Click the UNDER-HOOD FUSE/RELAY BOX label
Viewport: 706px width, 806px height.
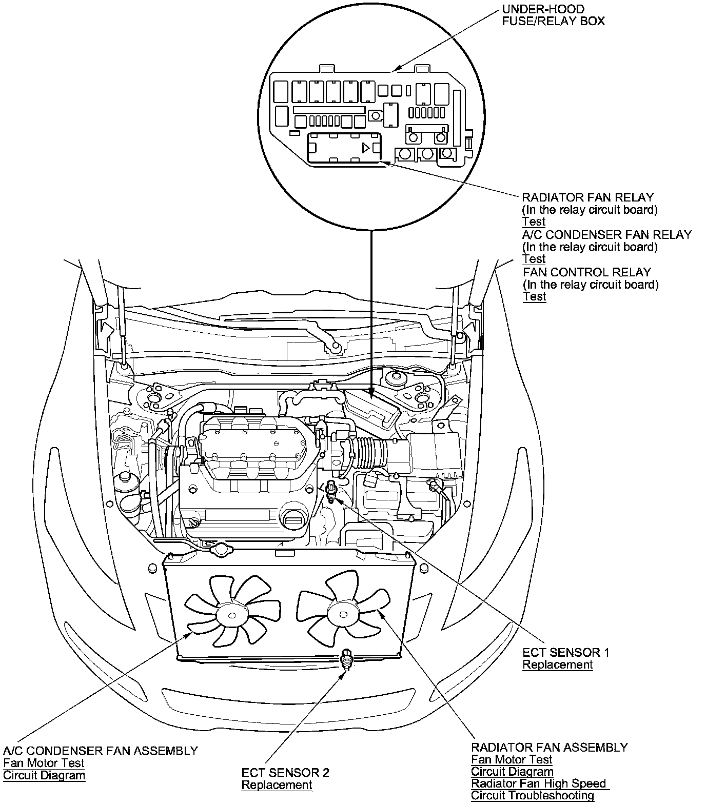[553, 15]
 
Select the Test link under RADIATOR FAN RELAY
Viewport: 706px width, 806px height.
[534, 222]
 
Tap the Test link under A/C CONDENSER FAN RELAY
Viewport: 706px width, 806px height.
[534, 259]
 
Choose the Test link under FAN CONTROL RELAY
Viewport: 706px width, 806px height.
[534, 297]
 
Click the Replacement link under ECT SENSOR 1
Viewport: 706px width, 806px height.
[557, 665]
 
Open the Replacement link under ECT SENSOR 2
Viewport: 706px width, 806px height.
[277, 785]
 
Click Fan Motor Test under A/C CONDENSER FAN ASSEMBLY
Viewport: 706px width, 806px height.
[44, 763]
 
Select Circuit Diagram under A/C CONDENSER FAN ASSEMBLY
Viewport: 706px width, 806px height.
[44, 775]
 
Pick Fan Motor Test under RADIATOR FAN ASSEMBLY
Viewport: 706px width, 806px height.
[512, 759]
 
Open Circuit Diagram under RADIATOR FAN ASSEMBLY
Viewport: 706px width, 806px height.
[512, 772]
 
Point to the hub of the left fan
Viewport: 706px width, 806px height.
[229, 613]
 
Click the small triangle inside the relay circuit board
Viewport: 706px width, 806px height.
[366, 148]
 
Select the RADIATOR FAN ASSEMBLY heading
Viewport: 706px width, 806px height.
[549, 748]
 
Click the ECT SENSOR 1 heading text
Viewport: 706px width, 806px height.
[565, 653]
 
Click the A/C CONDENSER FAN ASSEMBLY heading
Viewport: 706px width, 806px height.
[101, 751]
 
